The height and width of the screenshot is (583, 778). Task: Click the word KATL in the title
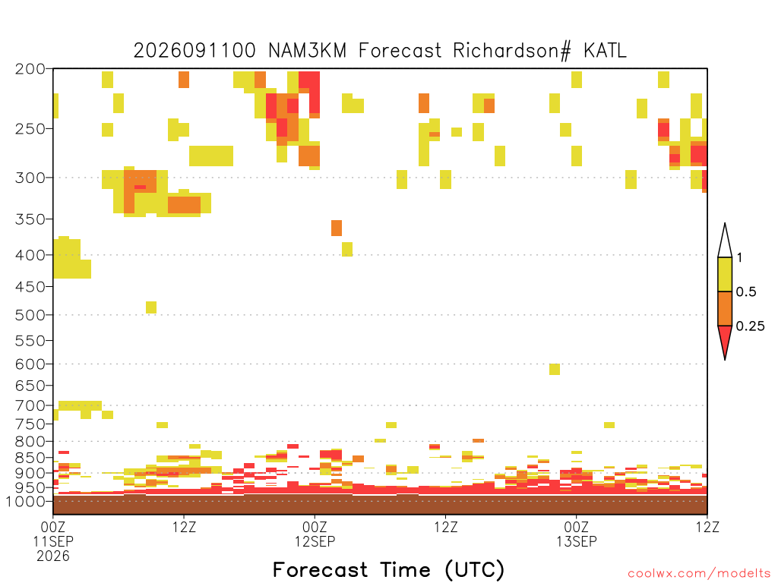pos(605,51)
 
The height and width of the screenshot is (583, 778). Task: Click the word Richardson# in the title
pos(512,51)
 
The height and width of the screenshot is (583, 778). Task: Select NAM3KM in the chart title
pos(307,51)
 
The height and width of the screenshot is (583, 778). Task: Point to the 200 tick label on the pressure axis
pos(30,69)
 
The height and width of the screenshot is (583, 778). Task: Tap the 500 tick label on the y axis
pos(30,315)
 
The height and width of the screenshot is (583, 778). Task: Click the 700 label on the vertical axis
pos(30,405)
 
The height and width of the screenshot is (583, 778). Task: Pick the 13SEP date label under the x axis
pos(577,541)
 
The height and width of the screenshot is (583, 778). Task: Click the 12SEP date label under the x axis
pos(315,541)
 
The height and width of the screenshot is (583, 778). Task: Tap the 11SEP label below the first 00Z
pos(54,541)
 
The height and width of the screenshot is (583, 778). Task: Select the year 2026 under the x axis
pos(53,556)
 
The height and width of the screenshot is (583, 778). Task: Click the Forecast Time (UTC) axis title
pos(388,570)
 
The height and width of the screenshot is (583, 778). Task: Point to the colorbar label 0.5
pos(746,292)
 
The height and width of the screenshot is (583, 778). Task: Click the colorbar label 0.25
pos(750,326)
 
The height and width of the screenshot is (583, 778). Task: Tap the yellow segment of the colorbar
pos(725,274)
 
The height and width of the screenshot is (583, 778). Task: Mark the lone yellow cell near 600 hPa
pos(555,370)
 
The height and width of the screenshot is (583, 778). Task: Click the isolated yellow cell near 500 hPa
pos(151,307)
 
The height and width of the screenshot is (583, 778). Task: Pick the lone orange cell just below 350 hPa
pos(337,228)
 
